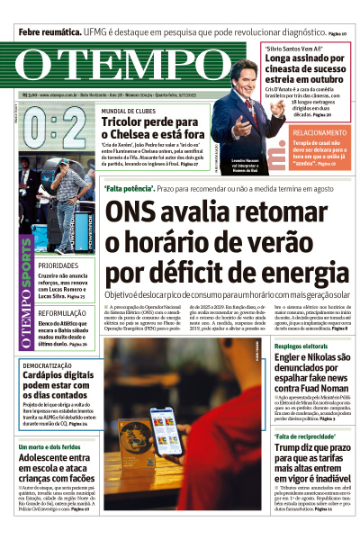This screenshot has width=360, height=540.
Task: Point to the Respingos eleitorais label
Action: pos(301,347)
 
